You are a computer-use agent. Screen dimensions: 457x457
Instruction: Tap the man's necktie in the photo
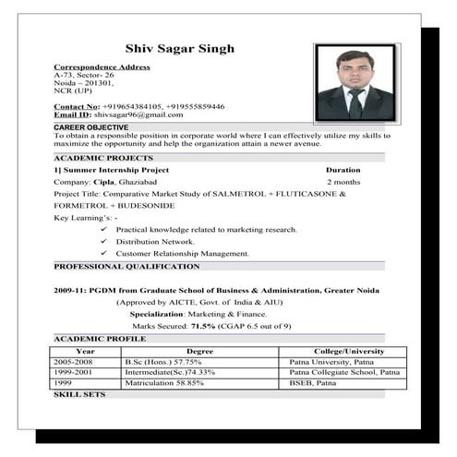coord(355,104)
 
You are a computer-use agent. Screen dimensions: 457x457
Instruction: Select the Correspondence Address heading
coord(102,67)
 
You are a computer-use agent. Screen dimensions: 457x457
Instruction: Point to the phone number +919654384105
coord(126,106)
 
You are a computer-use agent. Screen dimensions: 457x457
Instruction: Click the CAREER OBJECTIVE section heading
coord(90,126)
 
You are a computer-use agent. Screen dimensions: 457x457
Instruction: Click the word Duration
coord(343,170)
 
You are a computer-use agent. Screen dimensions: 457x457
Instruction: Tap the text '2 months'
coord(343,182)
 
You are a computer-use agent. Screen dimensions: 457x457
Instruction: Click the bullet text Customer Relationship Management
coord(183,253)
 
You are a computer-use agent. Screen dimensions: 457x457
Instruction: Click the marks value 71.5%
coord(202,326)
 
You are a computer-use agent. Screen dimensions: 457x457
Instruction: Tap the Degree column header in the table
coord(199,351)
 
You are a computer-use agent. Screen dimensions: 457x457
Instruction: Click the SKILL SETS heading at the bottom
coord(79,394)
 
